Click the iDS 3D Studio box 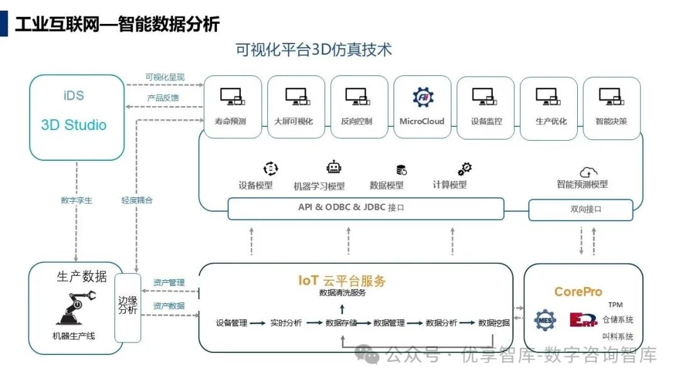click(x=77, y=117)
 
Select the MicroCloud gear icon click(x=422, y=97)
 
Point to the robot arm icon click(x=74, y=308)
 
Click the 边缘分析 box click(x=128, y=307)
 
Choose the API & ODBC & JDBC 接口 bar click(x=365, y=208)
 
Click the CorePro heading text click(x=578, y=292)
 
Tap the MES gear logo click(x=544, y=321)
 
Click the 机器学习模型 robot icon click(x=334, y=168)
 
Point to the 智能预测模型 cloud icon click(x=588, y=172)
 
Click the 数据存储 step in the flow click(x=341, y=323)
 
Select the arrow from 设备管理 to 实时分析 click(x=257, y=323)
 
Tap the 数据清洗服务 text click(x=342, y=293)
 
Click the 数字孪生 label click(x=76, y=200)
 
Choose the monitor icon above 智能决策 click(x=611, y=97)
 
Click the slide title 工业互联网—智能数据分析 click(x=117, y=25)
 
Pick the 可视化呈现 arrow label click(x=165, y=77)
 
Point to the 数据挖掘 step click(x=494, y=323)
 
